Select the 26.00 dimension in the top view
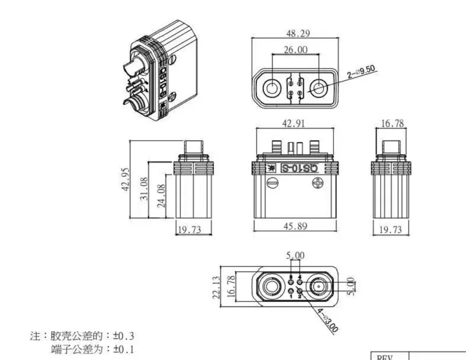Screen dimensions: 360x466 [296, 50]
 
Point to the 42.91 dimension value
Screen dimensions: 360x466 [296, 123]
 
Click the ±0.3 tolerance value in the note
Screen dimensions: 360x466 [123, 336]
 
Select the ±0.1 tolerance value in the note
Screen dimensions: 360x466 [123, 350]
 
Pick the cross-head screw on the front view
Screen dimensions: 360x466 [318, 183]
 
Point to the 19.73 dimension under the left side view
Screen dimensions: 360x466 [189, 230]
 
